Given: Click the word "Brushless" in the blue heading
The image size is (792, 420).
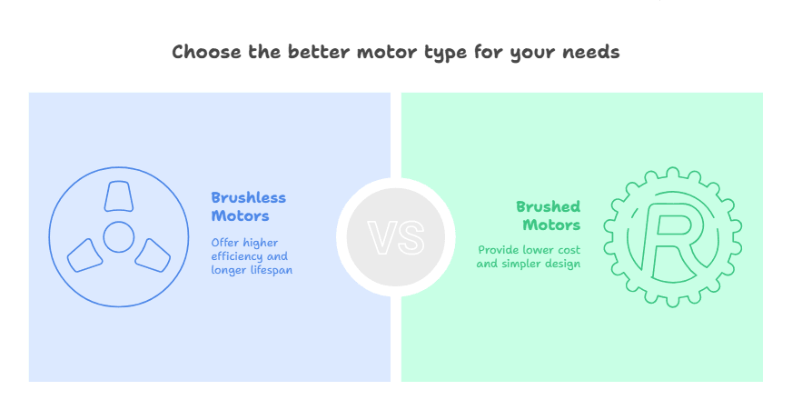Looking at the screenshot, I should coord(248,197).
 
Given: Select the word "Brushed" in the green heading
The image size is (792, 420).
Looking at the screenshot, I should coord(548,206).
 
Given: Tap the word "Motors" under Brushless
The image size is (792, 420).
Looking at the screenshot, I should coord(240,215).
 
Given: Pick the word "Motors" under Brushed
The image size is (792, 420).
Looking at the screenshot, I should coord(551,225).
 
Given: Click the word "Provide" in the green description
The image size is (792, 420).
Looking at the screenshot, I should coord(499,250).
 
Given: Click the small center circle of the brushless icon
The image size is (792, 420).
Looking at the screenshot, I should coord(118,236).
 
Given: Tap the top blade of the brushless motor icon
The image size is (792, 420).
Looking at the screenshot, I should coord(118,197).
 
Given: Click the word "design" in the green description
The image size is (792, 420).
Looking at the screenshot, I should coord(563,264).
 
